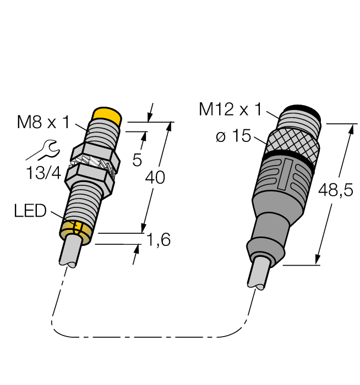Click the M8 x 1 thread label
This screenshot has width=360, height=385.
[x=43, y=123]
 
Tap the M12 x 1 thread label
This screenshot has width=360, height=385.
[x=230, y=109]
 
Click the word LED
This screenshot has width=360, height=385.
[x=30, y=211]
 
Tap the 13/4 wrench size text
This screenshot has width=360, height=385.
[x=44, y=173]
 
